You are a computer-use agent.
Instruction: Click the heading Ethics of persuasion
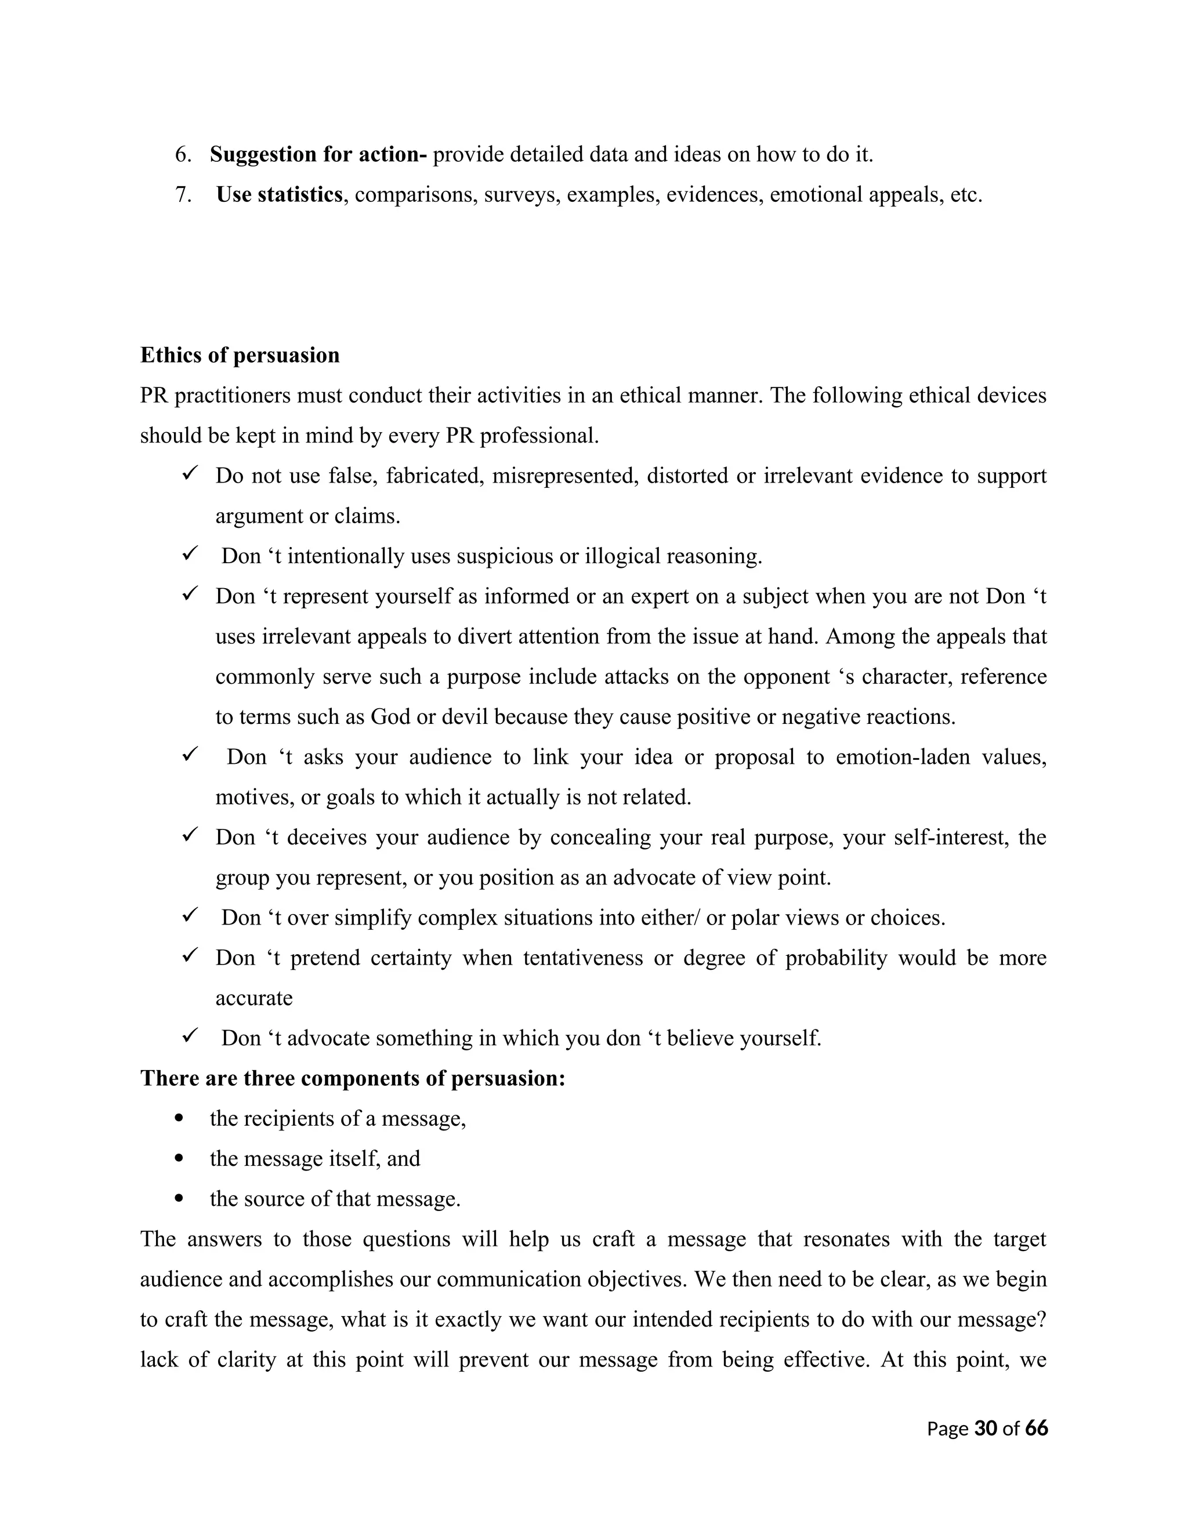pos(240,356)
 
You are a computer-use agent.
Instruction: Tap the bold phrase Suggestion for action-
pos(318,154)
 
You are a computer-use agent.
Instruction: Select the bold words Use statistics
pos(278,194)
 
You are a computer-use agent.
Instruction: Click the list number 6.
pos(182,154)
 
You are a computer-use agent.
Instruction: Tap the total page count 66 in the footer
pos(1036,1428)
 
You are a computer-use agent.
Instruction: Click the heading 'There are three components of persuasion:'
pos(353,1078)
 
